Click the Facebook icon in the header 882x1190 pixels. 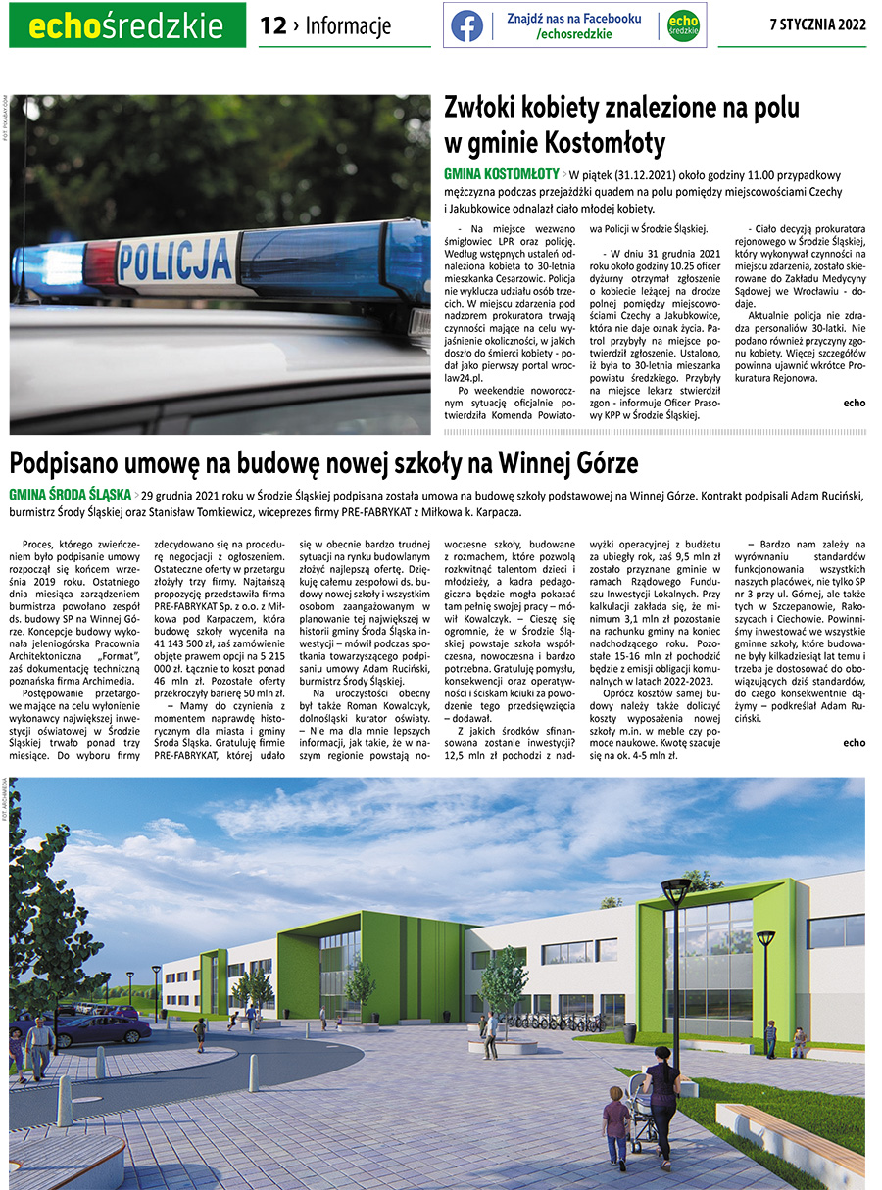coord(466,26)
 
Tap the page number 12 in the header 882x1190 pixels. coord(272,26)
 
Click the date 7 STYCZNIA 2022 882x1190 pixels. coord(818,25)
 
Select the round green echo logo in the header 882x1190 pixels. coord(683,26)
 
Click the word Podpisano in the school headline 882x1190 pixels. coord(79,460)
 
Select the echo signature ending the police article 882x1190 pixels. coord(854,403)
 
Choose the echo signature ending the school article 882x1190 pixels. coord(854,742)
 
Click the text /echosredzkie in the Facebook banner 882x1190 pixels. coord(574,34)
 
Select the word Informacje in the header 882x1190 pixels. coord(348,26)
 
